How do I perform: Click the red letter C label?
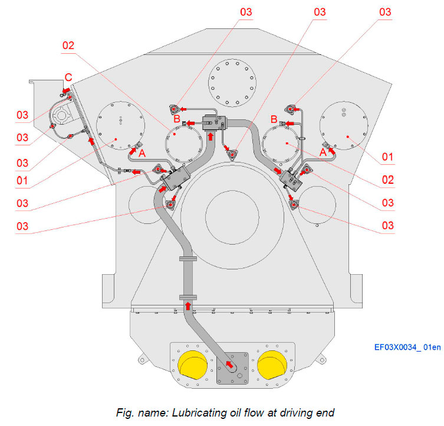pyautogui.click(x=68, y=77)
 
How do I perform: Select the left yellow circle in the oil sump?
pyautogui.click(x=194, y=364)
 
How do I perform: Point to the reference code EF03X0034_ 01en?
pyautogui.click(x=406, y=347)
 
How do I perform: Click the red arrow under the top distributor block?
pyautogui.click(x=211, y=137)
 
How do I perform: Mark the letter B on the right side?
pyautogui.click(x=273, y=119)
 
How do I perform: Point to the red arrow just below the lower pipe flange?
pyautogui.click(x=188, y=305)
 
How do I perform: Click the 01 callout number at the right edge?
pyautogui.click(x=387, y=158)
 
